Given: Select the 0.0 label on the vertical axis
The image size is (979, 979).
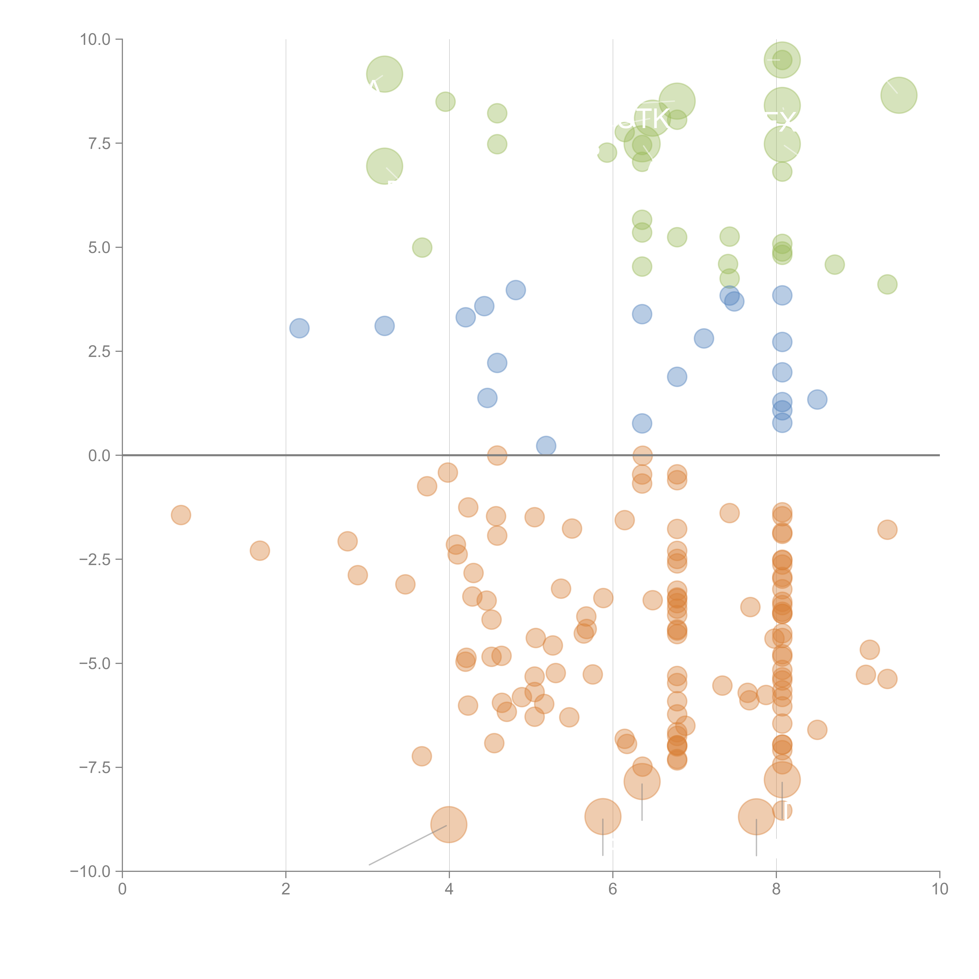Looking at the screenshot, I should [99, 456].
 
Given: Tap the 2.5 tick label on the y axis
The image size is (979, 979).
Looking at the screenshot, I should [99, 352].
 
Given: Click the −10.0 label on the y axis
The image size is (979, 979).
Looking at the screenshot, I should [90, 872].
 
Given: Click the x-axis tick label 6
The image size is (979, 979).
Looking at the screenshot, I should [613, 889].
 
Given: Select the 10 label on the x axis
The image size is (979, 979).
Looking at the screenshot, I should [939, 889].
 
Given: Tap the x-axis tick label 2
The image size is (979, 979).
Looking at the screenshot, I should [286, 889].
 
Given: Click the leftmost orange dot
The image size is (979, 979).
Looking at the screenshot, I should [181, 515].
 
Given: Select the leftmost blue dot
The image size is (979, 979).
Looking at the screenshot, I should [300, 328].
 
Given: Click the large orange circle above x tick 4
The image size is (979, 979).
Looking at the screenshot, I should [448, 825].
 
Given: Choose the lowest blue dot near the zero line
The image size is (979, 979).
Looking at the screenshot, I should [546, 446].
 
